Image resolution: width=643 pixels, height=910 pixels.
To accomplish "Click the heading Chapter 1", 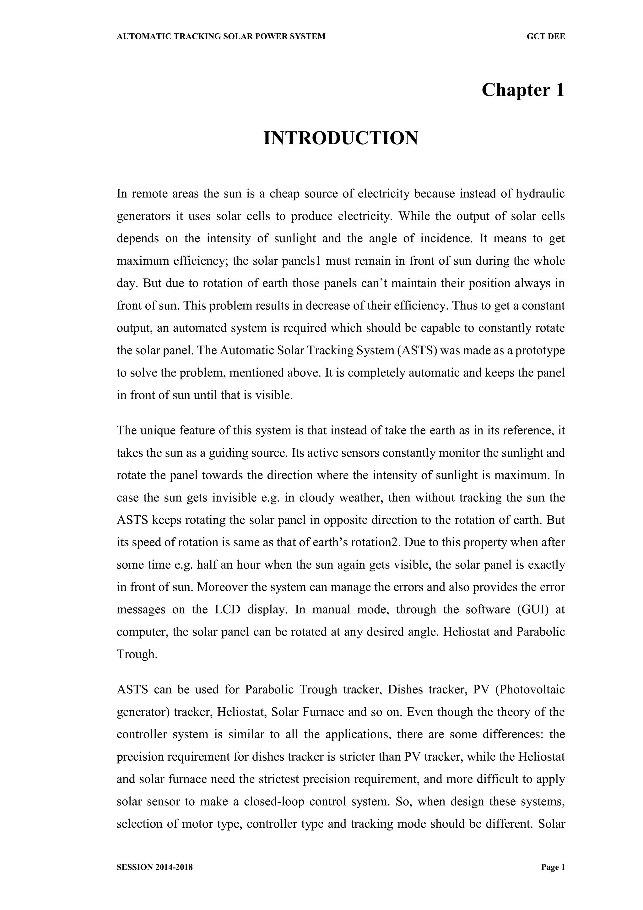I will [523, 90].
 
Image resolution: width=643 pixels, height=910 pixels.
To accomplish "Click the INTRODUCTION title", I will [341, 138].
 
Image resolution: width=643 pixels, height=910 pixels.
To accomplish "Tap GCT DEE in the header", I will [546, 36].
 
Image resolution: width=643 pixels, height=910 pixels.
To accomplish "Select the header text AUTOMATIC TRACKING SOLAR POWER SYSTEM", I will [221, 36].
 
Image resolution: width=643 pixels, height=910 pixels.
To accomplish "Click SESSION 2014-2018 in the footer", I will [155, 867].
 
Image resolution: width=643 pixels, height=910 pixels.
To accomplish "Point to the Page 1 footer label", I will [553, 867].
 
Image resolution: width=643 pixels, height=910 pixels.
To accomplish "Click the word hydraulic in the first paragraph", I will [540, 194].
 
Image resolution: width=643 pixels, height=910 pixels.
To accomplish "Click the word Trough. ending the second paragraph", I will [137, 654].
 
